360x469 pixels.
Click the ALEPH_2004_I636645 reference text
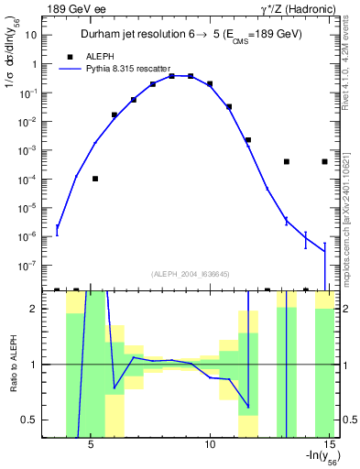(x=191, y=273)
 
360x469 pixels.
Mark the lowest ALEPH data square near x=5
(x=95, y=179)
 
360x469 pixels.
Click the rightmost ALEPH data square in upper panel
(x=325, y=161)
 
